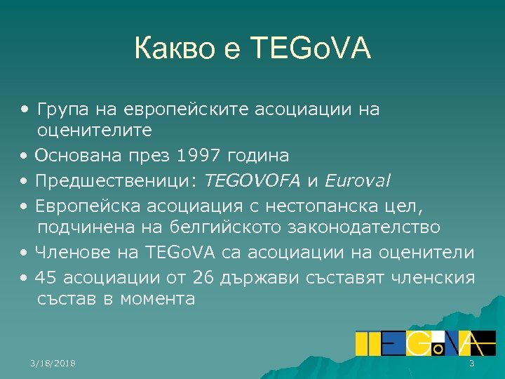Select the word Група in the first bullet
click(x=59, y=109)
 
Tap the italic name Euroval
click(x=357, y=180)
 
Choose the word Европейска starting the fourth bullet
click(x=85, y=205)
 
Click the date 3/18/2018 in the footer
click(x=53, y=363)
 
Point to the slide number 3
click(x=471, y=363)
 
